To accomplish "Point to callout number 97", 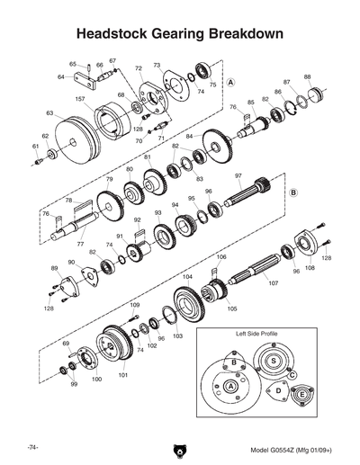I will click(238, 175).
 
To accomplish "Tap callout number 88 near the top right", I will click(307, 77).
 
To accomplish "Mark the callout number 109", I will click(134, 307).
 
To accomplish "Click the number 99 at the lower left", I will click(74, 384).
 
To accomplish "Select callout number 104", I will click(188, 278).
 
